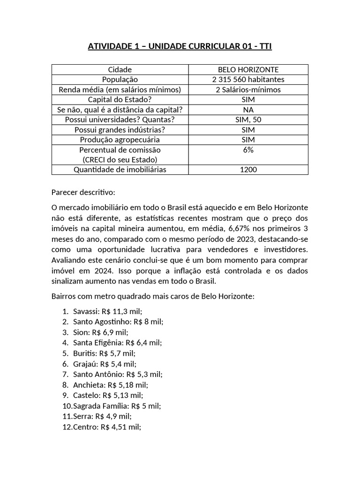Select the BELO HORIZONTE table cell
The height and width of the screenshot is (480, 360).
pos(248,69)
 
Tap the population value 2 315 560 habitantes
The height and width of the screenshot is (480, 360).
pos(248,80)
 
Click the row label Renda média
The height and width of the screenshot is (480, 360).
pos(120,90)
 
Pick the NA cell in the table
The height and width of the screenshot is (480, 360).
pos(248,110)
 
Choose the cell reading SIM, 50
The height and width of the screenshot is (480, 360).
pos(248,120)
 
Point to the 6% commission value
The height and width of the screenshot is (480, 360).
pos(248,150)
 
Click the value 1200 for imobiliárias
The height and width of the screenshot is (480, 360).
pos(248,170)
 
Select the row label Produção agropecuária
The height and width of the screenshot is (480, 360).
pos(120,140)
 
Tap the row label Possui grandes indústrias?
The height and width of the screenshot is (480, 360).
pos(120,130)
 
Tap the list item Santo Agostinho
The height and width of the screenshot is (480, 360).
pos(118,322)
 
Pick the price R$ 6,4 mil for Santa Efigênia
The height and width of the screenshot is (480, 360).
pos(143,343)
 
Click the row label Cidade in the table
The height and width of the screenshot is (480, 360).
pos(120,69)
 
